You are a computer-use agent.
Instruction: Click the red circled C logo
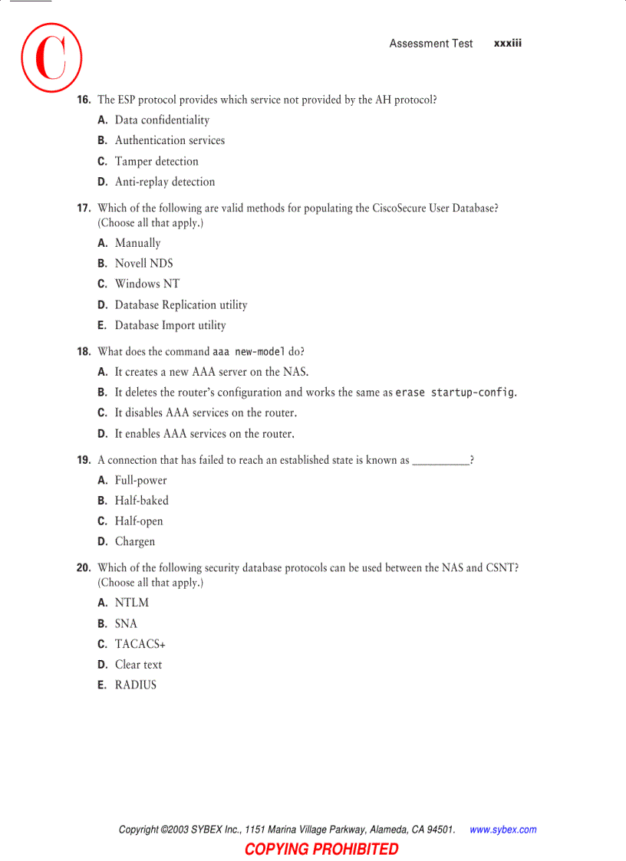(x=51, y=57)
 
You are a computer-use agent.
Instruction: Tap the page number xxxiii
(x=508, y=44)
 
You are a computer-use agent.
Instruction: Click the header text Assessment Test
(x=431, y=44)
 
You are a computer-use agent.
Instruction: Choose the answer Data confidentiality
(x=162, y=120)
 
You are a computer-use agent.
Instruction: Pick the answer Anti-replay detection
(x=165, y=182)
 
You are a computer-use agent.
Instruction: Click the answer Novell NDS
(x=144, y=264)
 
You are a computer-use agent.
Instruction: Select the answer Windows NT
(x=147, y=284)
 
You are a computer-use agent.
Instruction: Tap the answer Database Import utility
(x=170, y=326)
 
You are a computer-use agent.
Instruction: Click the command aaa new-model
(x=249, y=352)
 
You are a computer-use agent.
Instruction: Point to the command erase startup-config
(x=455, y=393)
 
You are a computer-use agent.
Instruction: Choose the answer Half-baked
(x=142, y=501)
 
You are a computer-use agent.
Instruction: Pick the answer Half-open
(x=139, y=521)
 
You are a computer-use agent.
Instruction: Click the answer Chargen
(x=135, y=542)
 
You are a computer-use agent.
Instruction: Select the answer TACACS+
(x=140, y=645)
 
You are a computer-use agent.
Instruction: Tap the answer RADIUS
(x=136, y=685)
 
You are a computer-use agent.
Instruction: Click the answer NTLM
(x=132, y=603)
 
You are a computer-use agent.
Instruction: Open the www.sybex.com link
(x=502, y=830)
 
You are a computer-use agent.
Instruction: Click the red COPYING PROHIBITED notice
(x=321, y=849)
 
